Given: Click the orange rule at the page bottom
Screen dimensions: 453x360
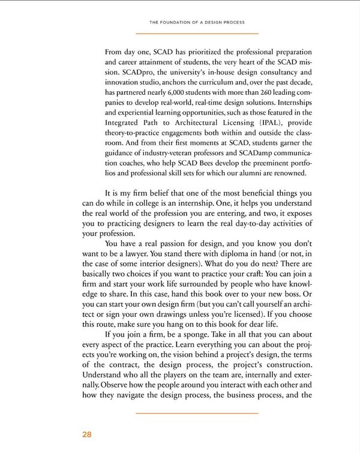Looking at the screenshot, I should point(197,413).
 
